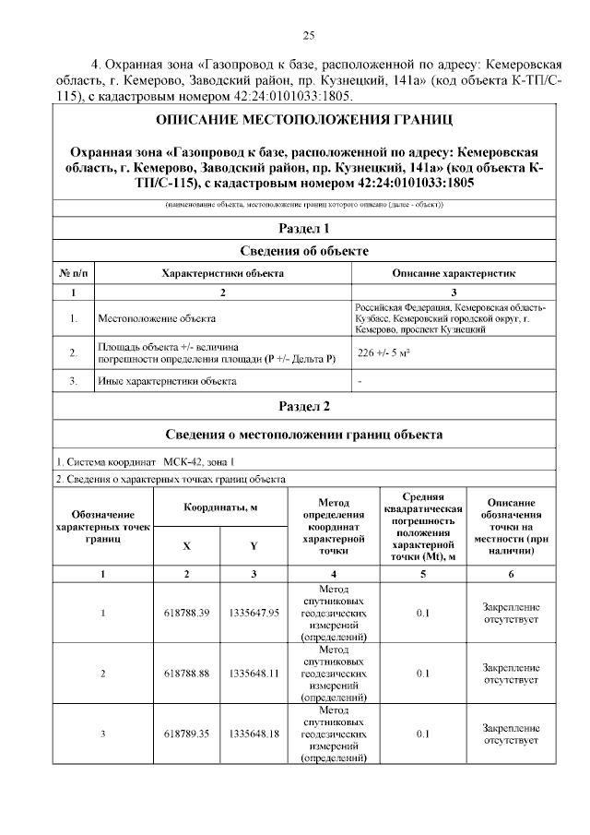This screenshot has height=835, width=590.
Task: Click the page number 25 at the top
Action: pos(309,35)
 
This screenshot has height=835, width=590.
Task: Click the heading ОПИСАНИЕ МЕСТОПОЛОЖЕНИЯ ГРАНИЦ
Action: pos(304,121)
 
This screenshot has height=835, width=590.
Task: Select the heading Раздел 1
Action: pos(304,228)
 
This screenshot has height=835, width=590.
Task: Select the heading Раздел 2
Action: pos(304,406)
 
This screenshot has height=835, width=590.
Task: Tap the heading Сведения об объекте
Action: pos(304,251)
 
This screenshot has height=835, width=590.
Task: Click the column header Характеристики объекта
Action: pos(222,274)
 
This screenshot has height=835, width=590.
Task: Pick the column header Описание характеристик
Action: pos(454,274)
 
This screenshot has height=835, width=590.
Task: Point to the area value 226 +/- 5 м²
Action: pos(384,352)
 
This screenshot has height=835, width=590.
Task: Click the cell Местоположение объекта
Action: pos(157,318)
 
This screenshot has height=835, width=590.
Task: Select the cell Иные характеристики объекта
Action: pos(167,380)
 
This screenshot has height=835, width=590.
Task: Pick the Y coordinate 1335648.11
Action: pos(254,674)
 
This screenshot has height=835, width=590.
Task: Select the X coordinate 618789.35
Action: pos(187,734)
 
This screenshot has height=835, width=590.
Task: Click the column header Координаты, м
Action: pos(220,507)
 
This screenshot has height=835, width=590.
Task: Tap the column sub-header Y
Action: pos(254,545)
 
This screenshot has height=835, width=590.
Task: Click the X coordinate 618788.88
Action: pos(187,674)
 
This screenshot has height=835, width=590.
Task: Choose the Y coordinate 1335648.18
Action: pos(254,734)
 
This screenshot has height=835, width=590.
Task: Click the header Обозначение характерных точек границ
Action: pos(103,526)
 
